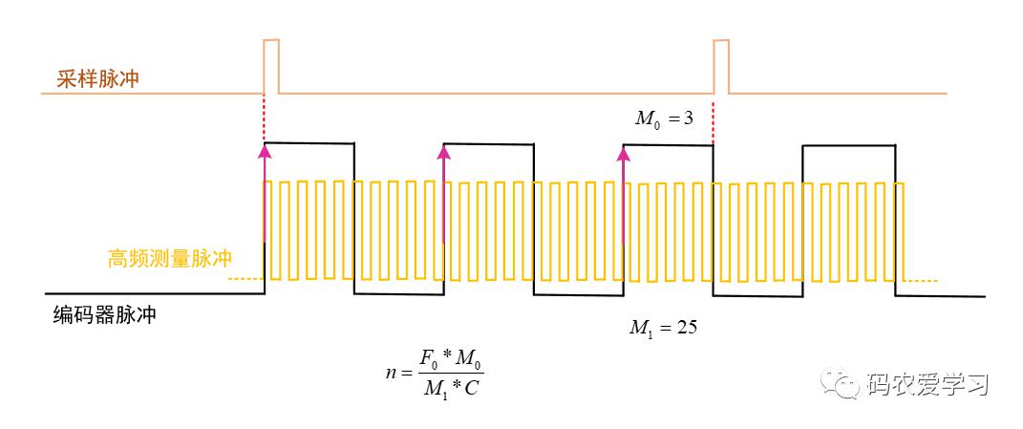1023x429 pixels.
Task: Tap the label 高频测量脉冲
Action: point(170,259)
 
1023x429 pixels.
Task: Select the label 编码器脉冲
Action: point(105,315)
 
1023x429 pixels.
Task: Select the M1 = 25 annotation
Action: point(663,327)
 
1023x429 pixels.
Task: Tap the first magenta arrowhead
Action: point(265,152)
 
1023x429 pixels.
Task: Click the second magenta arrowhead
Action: point(444,152)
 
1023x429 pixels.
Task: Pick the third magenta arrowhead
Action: point(624,154)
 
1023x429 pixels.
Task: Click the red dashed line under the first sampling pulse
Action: point(264,118)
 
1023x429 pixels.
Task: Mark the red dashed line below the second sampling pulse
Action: point(714,121)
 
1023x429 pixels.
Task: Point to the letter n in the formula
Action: point(390,375)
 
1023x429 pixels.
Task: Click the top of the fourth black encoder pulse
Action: point(848,145)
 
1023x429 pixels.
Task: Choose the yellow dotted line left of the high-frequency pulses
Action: point(245,279)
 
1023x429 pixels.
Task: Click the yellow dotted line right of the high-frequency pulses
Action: point(922,282)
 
